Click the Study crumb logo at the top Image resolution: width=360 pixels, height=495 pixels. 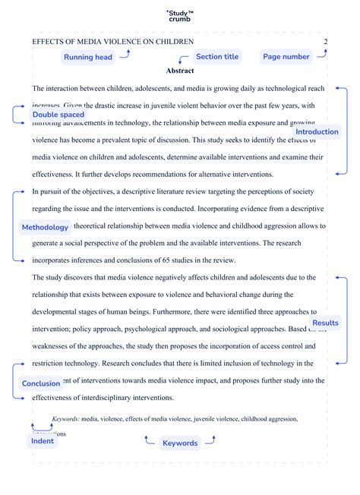179,16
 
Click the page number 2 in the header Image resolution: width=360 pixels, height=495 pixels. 326,41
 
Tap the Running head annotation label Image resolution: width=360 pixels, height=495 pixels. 88,57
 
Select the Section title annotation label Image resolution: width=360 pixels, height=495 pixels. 217,57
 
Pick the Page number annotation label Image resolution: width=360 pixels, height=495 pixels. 286,57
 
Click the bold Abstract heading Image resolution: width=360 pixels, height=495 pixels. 180,71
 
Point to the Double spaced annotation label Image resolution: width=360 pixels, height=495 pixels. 58,115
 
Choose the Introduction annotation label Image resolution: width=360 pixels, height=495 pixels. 317,132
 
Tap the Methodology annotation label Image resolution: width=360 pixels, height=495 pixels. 45,227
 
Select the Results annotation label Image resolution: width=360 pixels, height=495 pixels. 325,323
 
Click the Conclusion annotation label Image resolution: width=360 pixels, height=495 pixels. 41,383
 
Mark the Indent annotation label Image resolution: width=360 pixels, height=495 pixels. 42,440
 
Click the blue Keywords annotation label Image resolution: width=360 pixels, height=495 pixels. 179,443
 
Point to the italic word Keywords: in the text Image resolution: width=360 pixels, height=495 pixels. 65,418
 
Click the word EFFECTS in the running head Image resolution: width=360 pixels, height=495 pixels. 47,41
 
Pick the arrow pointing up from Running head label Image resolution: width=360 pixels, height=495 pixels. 126,53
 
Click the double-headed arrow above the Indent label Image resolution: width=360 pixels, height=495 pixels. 42,427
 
